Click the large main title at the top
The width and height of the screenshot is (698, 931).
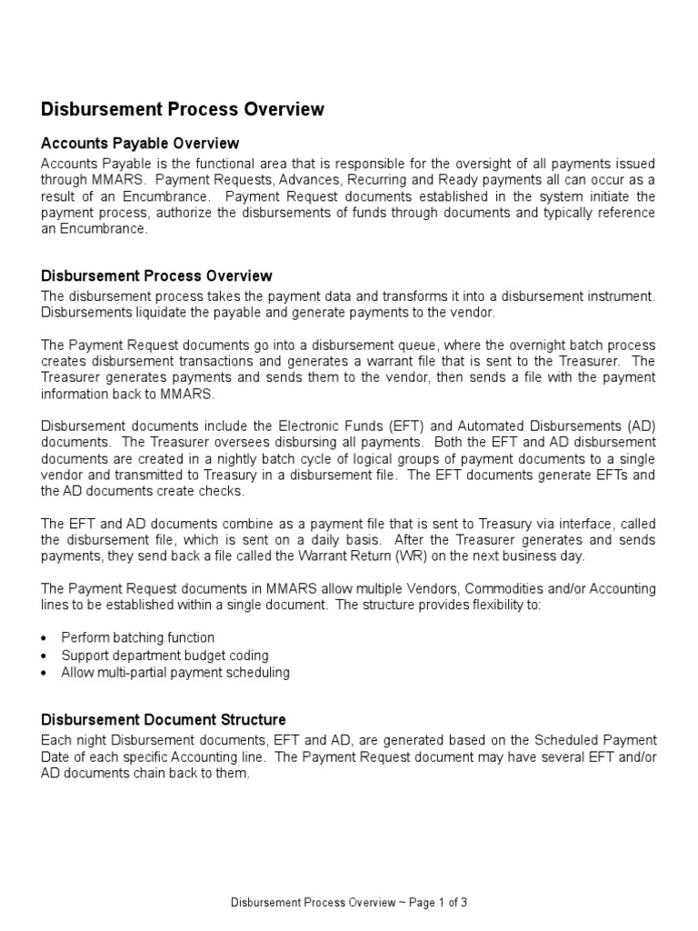coord(183,110)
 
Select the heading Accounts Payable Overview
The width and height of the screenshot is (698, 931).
coord(140,144)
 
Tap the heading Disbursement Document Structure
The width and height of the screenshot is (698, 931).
coord(164,719)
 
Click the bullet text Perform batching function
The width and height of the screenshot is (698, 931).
coord(138,638)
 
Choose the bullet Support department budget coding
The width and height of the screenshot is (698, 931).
coord(165,656)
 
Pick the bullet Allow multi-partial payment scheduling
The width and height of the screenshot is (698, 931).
coord(175,673)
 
